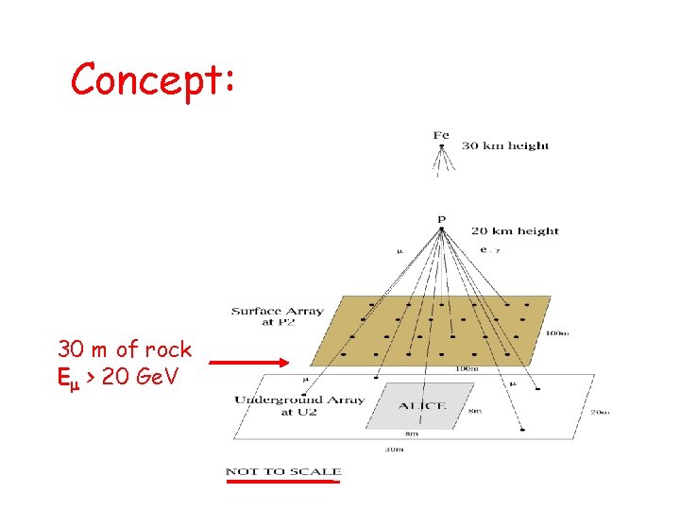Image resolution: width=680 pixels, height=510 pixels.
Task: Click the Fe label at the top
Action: tap(440, 135)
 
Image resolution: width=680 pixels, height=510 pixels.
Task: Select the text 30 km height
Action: tap(504, 145)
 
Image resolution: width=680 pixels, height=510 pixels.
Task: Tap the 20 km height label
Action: tap(514, 230)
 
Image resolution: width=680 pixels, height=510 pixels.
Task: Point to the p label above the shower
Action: tap(440, 220)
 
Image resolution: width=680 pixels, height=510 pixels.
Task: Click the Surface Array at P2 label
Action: tap(278, 315)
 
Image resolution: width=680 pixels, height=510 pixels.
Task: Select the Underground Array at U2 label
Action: tap(299, 405)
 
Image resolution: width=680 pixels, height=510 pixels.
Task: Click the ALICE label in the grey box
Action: tap(421, 405)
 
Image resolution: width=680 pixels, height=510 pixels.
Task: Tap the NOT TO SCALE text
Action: tap(283, 471)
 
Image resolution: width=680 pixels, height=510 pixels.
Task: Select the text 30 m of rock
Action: tap(125, 349)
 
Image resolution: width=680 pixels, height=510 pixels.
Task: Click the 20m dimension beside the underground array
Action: tap(600, 412)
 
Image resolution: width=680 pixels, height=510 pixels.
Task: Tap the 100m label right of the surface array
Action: tap(556, 332)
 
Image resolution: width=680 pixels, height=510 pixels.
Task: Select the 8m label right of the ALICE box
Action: tap(474, 410)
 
